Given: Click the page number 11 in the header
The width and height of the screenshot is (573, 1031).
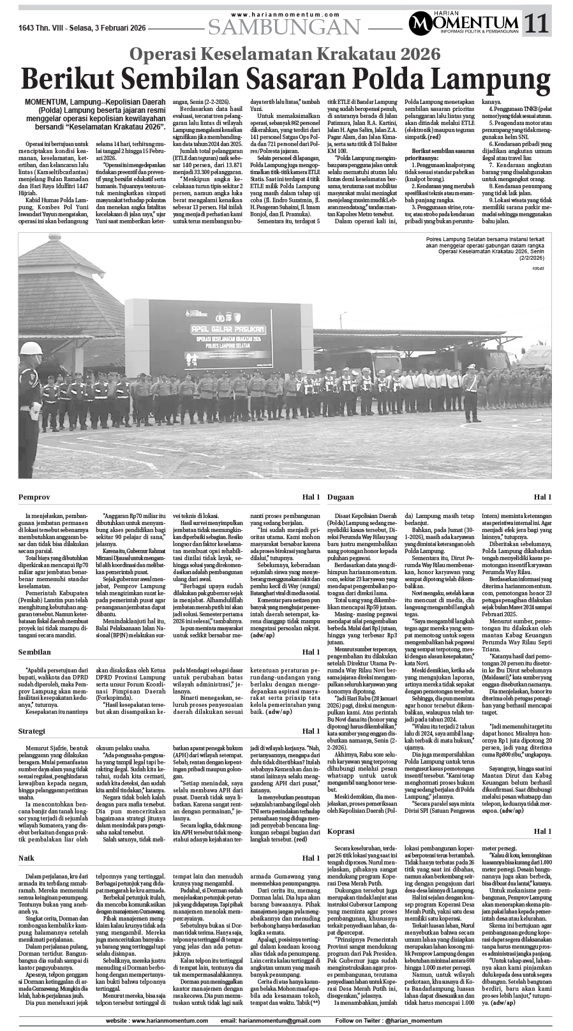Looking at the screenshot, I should coord(537,24).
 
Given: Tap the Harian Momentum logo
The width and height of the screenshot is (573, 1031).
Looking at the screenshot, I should coord(464,24).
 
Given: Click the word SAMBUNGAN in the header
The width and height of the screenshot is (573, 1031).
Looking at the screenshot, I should coord(284,27).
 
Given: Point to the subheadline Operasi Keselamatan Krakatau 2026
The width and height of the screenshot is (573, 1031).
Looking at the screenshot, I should coord(285,53).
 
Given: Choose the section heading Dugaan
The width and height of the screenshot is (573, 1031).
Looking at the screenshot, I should coord(341,496).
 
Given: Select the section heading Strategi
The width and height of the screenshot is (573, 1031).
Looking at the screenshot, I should coord(32,731).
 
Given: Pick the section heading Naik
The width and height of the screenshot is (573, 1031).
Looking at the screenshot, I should coord(26,858).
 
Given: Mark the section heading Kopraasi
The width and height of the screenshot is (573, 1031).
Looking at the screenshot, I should coord(342,831).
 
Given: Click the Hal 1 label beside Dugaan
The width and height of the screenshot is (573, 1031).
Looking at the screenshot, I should coord(542,496).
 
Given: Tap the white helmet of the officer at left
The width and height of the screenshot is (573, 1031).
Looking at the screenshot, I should coord(30,348).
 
